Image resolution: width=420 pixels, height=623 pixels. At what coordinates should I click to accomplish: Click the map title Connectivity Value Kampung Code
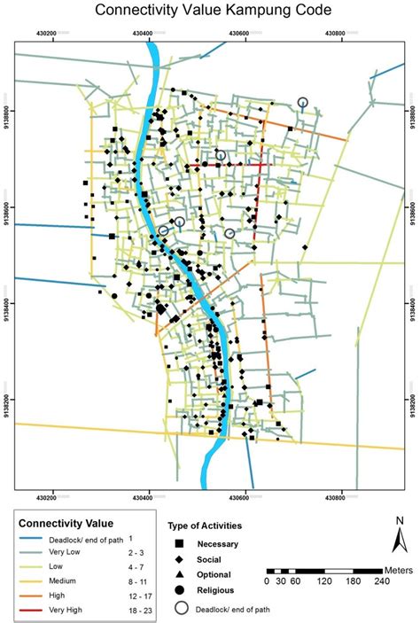(x=209, y=11)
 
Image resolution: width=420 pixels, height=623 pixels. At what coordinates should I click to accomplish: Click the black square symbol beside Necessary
(x=179, y=543)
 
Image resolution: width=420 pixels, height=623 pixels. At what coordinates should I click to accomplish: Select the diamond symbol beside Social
(x=179, y=559)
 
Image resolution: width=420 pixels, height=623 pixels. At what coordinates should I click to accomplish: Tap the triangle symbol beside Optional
(x=179, y=575)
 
